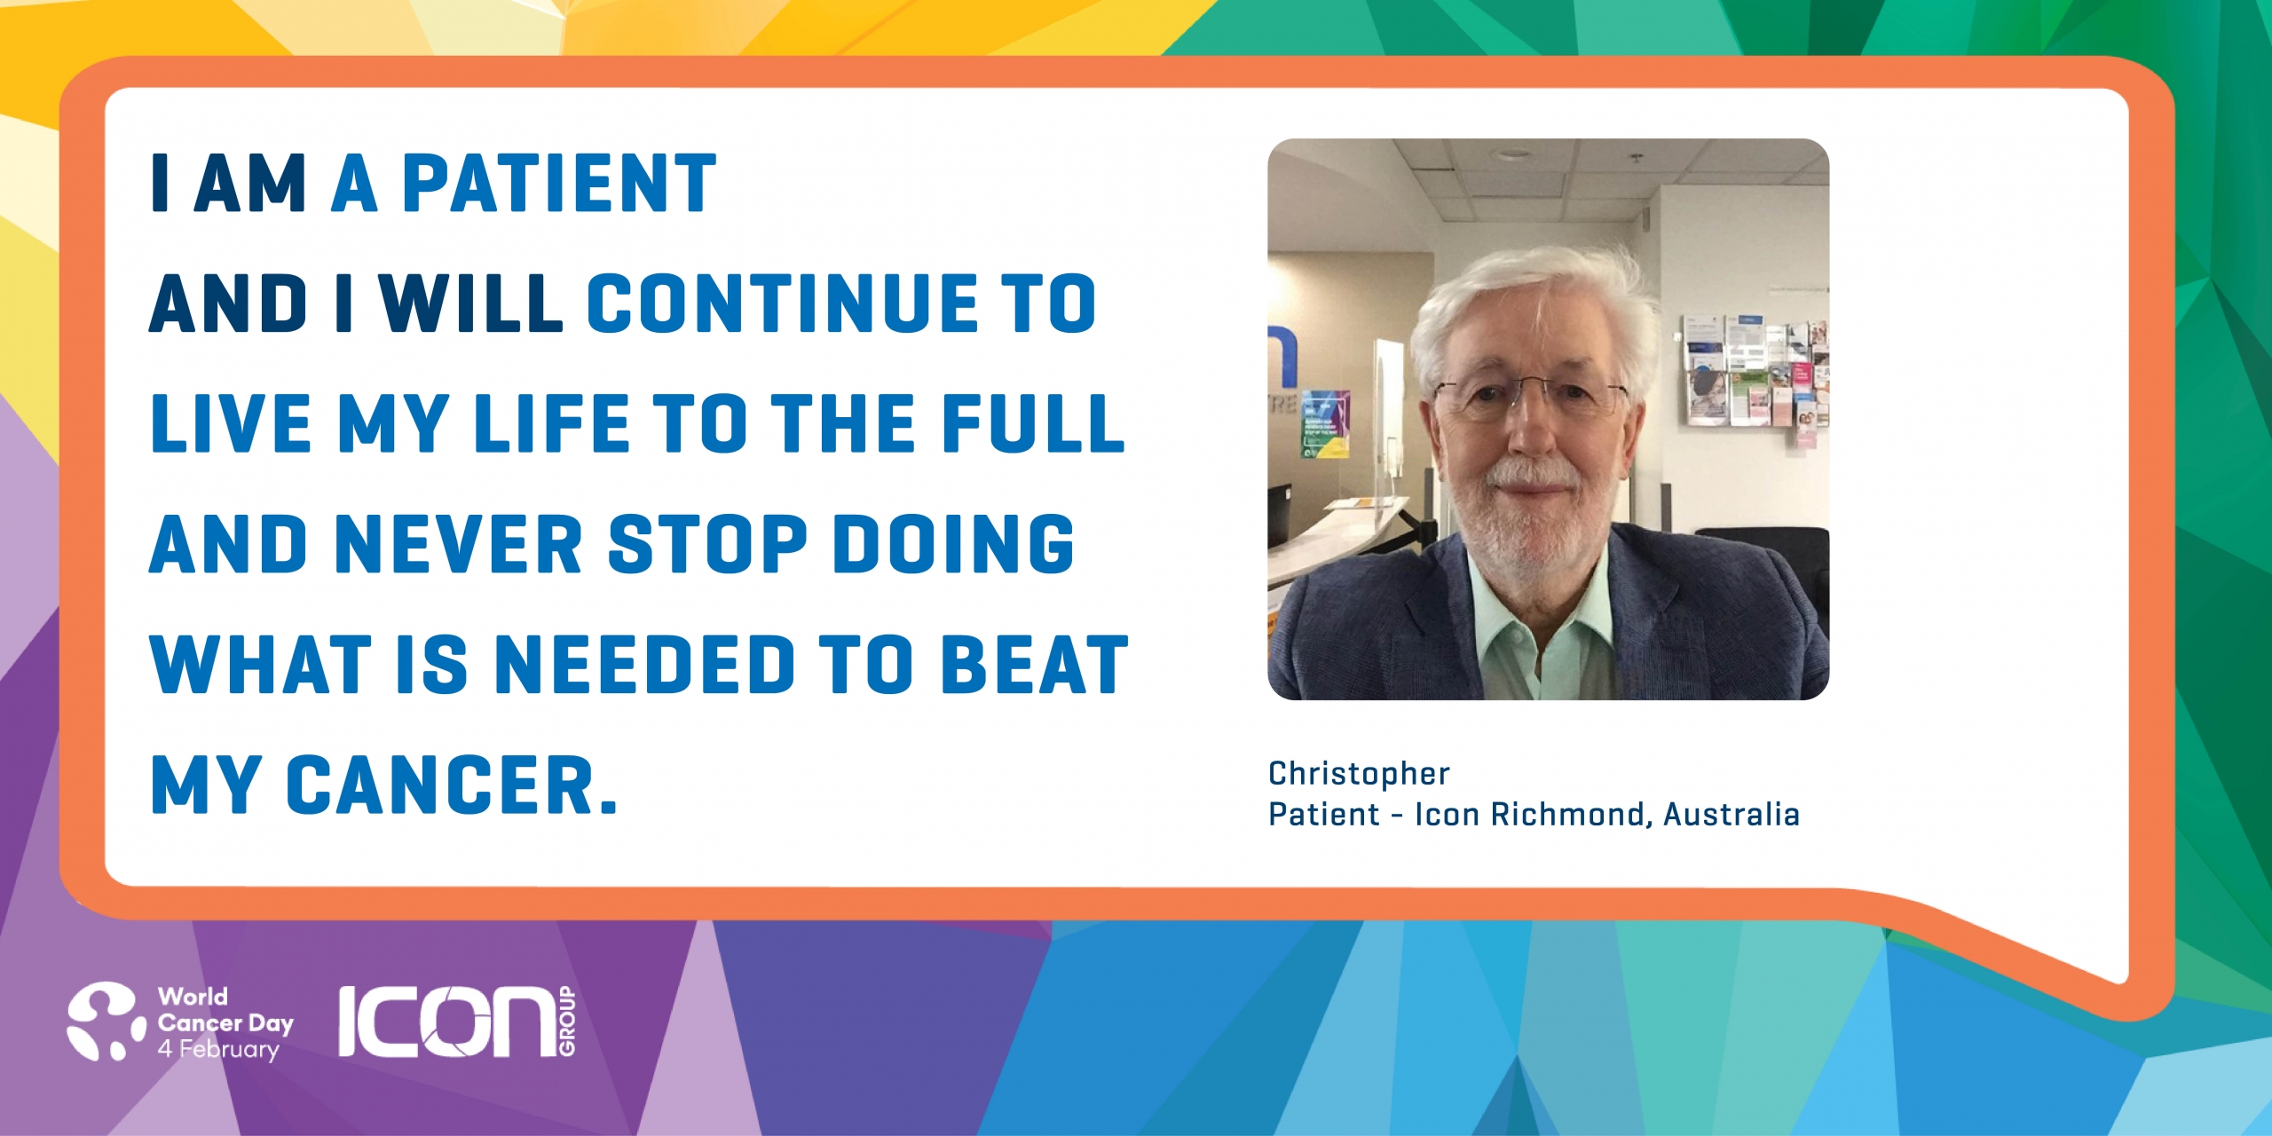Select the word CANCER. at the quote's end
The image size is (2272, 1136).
pyautogui.click(x=452, y=785)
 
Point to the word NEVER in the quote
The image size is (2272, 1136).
pyautogui.click(x=460, y=544)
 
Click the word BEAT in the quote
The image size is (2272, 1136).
pyautogui.click(x=1035, y=665)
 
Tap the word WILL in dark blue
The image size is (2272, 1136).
pyautogui.click(x=471, y=304)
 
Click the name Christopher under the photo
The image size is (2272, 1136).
pyautogui.click(x=1359, y=773)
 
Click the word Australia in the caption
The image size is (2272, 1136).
pyautogui.click(x=1732, y=814)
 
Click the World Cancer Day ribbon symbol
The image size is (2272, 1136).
pyautogui.click(x=106, y=1021)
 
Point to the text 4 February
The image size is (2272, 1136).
pyautogui.click(x=218, y=1049)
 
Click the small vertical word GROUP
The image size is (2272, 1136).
pyautogui.click(x=567, y=1021)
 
